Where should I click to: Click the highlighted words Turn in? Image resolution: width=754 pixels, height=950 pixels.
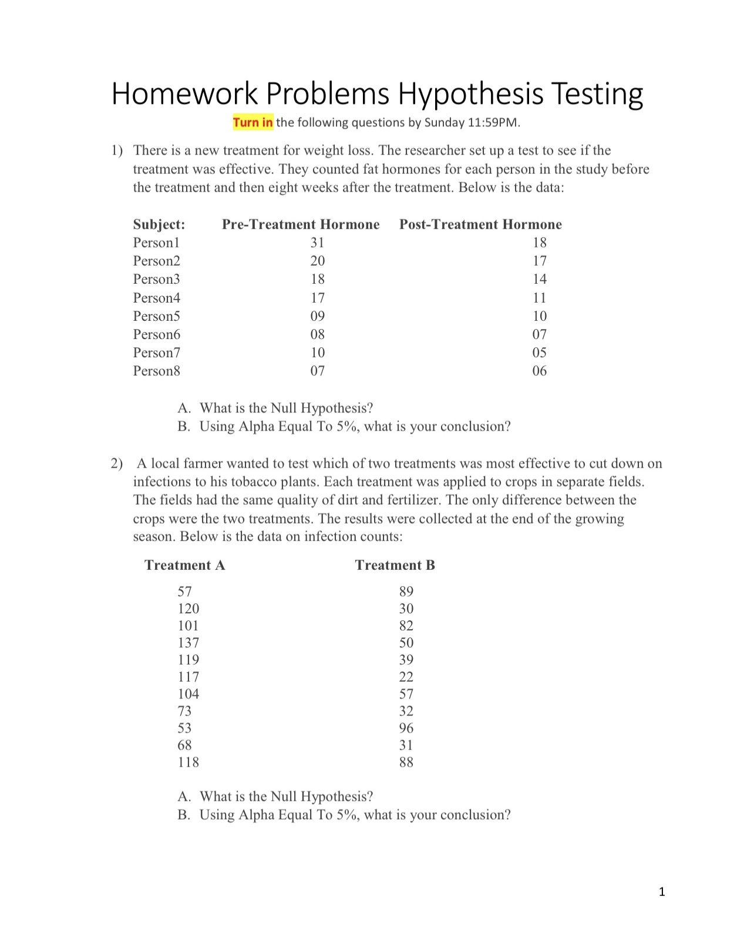coord(253,123)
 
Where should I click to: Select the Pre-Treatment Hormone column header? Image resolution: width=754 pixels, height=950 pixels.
coord(301,224)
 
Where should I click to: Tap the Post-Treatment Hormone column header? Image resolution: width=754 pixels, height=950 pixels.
coord(480,224)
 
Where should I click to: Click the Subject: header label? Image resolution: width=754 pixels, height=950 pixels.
coord(159,224)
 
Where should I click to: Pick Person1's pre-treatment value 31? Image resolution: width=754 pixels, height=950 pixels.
coord(317,243)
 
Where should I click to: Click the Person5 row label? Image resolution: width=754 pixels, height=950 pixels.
coord(156,316)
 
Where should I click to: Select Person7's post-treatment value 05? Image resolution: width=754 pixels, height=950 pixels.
coord(539,353)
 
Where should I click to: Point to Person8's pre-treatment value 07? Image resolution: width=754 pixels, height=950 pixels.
coord(317,371)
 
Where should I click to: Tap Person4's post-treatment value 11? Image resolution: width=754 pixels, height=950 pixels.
coord(539,298)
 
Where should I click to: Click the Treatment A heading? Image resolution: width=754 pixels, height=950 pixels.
coord(184,565)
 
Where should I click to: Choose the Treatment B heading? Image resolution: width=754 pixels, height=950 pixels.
coord(395,565)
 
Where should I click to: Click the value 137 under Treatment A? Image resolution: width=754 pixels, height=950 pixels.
coord(188,643)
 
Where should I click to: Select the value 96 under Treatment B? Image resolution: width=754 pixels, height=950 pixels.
coord(406,728)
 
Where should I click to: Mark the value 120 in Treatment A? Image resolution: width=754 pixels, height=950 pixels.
coord(188,609)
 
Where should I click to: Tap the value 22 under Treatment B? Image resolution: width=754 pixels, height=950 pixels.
coord(406,677)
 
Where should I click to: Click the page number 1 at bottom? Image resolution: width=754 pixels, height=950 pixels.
coord(662,892)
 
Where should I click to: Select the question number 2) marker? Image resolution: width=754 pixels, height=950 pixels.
coord(117,464)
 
